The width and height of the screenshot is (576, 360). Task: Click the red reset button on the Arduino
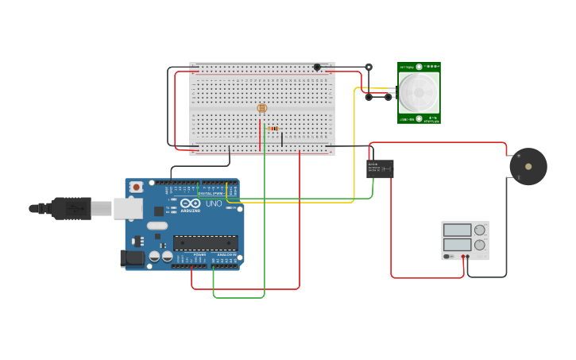click(x=137, y=187)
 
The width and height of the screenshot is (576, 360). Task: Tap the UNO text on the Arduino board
click(x=214, y=204)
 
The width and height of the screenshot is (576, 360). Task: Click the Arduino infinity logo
click(x=190, y=204)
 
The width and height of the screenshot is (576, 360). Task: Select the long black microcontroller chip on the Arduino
click(x=205, y=242)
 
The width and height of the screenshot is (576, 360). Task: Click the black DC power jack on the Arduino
click(x=133, y=258)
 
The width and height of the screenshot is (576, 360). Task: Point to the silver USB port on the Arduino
click(x=127, y=208)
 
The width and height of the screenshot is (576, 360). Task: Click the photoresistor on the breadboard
click(x=262, y=108)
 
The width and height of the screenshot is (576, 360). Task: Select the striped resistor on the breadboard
click(x=273, y=128)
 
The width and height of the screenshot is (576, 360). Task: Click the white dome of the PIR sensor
click(x=419, y=92)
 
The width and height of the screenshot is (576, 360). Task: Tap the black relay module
click(x=380, y=168)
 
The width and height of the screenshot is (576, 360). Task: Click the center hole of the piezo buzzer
click(x=528, y=167)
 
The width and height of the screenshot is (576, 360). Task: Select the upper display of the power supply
click(x=458, y=230)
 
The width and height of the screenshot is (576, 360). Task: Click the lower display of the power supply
click(x=458, y=245)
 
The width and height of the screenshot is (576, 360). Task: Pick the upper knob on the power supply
click(x=480, y=230)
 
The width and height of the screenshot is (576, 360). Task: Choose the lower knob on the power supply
click(x=480, y=245)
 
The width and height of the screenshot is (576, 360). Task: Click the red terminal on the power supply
click(x=464, y=257)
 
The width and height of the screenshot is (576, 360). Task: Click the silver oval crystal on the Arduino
click(x=157, y=226)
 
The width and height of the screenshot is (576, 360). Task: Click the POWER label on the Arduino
click(x=199, y=254)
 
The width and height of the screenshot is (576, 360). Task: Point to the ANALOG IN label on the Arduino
click(x=226, y=254)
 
